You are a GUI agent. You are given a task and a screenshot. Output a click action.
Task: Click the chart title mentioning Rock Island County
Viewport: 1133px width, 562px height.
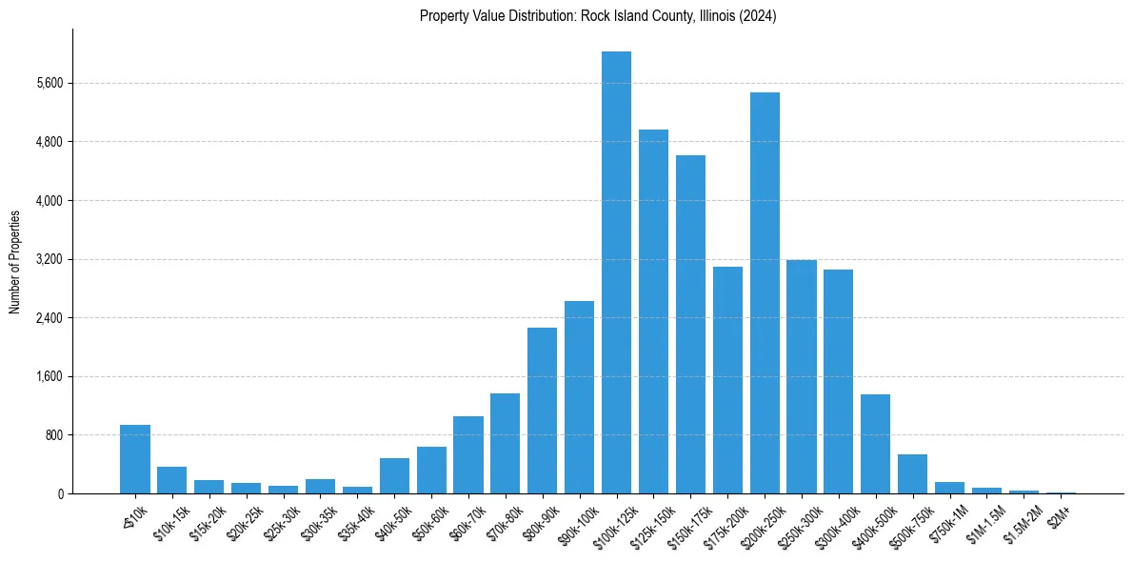(x=598, y=16)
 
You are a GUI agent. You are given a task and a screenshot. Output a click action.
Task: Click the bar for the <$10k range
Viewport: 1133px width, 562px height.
(x=135, y=459)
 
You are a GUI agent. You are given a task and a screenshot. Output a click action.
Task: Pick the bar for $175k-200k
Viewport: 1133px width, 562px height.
(x=727, y=380)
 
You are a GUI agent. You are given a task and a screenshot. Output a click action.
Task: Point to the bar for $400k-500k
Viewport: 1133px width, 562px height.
(x=876, y=444)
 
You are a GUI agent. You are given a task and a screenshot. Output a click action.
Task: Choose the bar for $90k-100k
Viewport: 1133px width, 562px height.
(x=579, y=397)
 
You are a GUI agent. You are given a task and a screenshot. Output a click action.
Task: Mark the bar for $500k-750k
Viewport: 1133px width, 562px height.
(x=912, y=473)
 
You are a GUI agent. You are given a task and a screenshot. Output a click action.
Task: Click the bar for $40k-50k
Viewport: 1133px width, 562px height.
(x=394, y=475)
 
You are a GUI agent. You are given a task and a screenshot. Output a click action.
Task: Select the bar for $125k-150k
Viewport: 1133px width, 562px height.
(x=653, y=311)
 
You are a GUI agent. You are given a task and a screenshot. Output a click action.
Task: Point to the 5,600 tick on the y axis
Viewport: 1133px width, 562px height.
(x=48, y=84)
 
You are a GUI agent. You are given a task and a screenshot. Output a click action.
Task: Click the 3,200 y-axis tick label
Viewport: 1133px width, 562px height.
(x=48, y=259)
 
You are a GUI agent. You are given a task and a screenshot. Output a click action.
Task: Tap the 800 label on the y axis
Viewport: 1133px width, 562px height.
(x=53, y=435)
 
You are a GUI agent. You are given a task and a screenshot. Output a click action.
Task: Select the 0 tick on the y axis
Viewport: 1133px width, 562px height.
(x=59, y=493)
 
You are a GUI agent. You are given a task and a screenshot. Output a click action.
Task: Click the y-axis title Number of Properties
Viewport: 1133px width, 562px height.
(x=15, y=261)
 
